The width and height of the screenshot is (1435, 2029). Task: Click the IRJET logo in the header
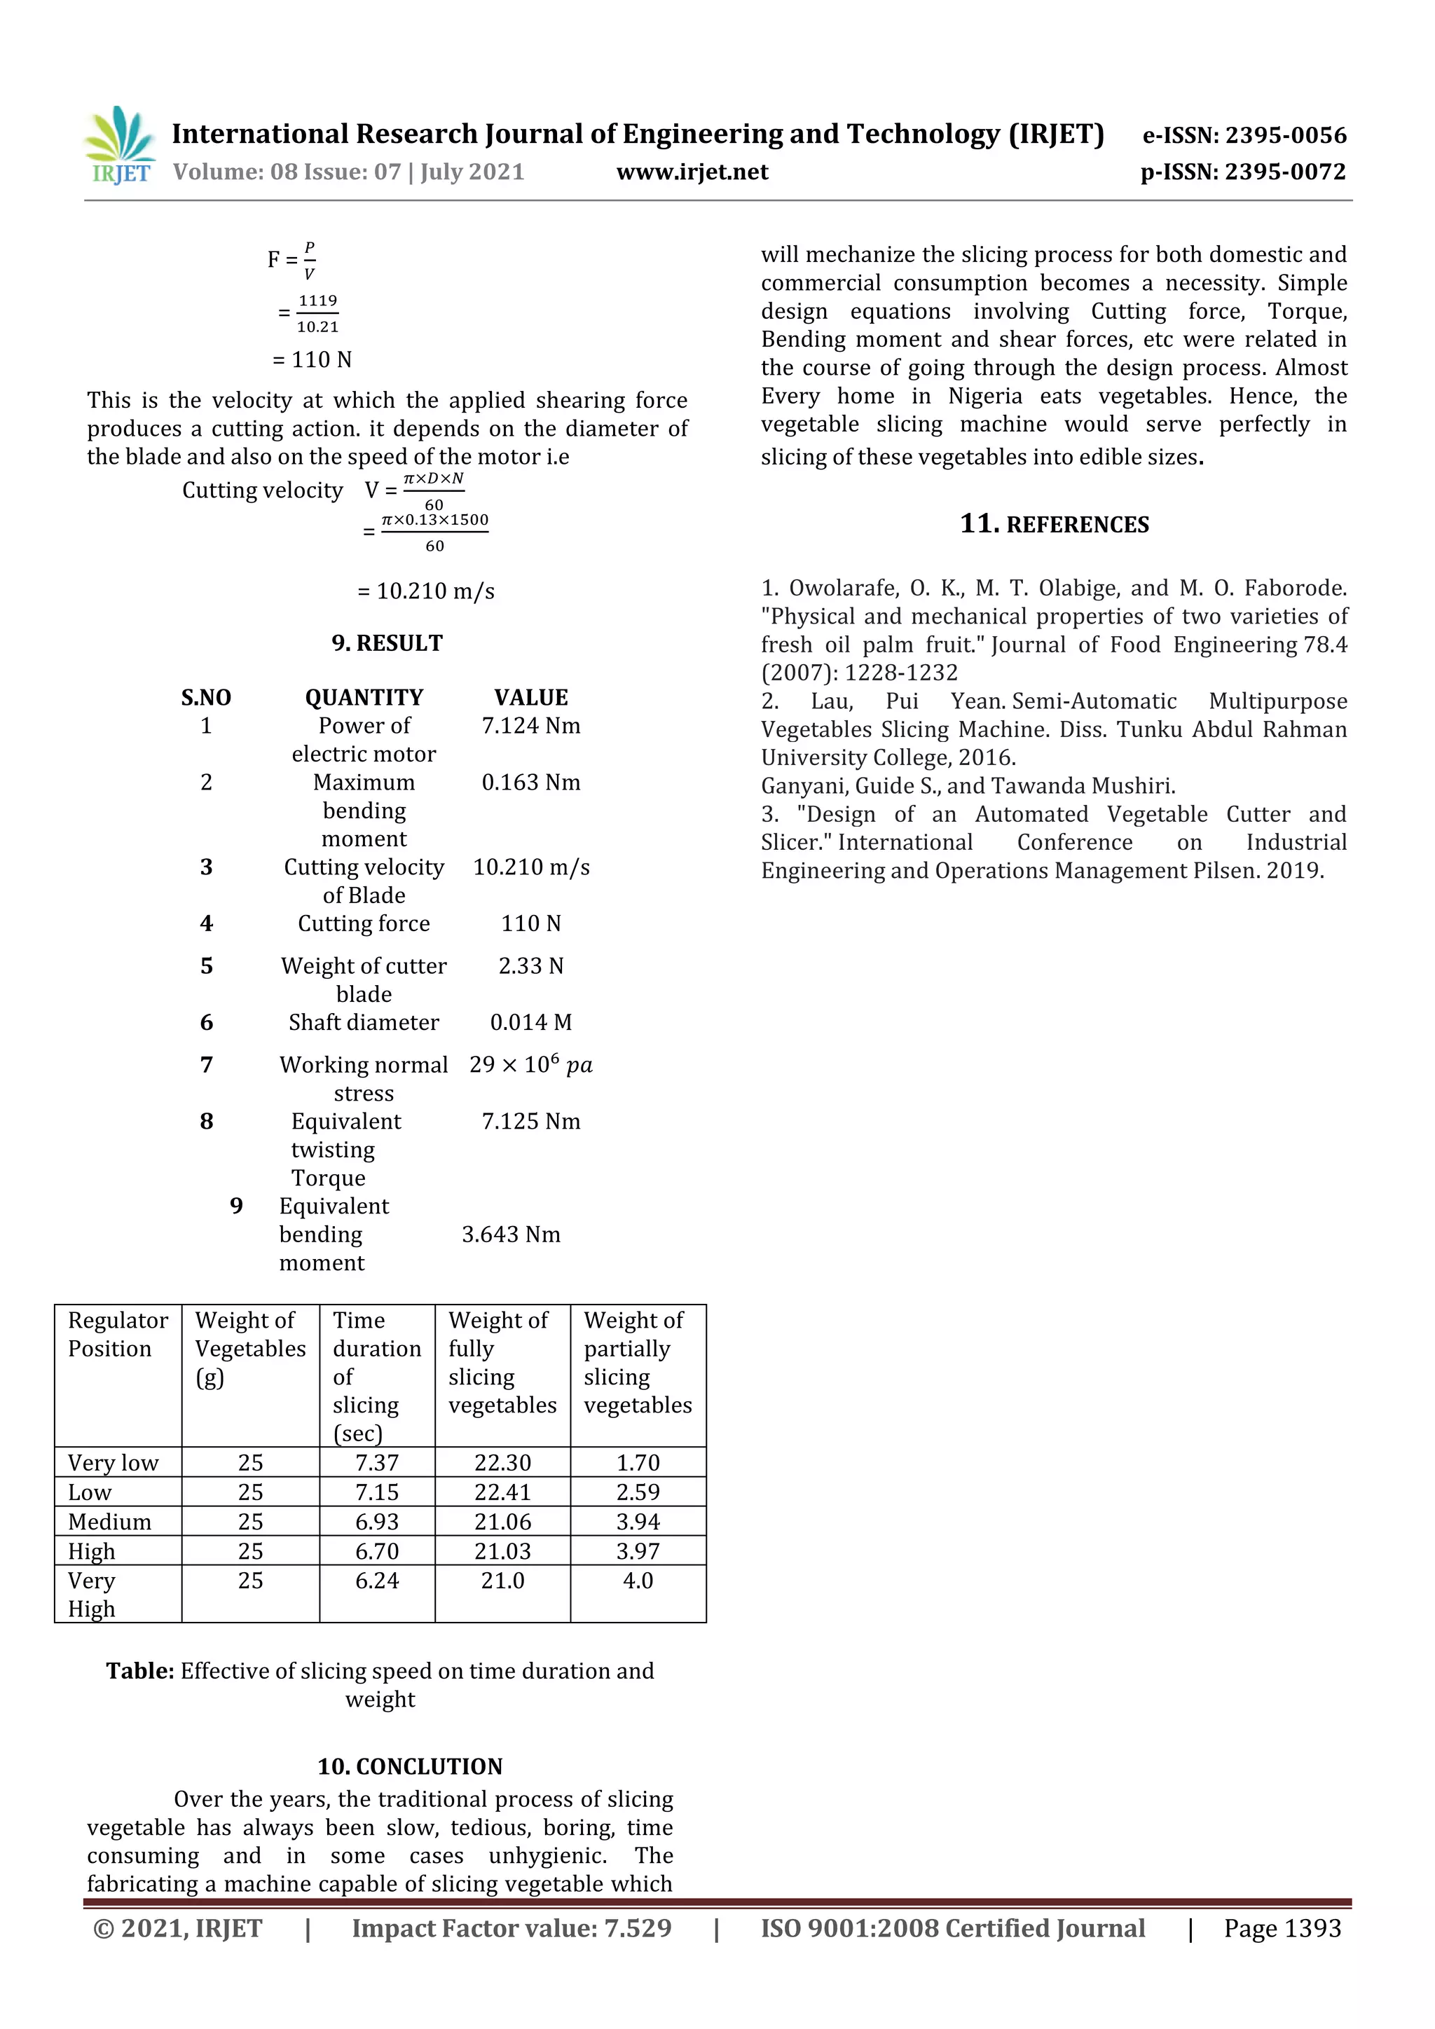[x=119, y=145]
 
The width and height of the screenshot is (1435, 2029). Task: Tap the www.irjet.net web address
[x=692, y=172]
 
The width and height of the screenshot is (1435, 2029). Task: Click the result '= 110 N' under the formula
[x=312, y=359]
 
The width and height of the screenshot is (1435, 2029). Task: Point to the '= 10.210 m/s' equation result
[x=426, y=591]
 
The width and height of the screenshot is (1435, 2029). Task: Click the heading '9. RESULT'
[x=387, y=643]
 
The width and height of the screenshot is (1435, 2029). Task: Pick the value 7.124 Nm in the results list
[x=530, y=726]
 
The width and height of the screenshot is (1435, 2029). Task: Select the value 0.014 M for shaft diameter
[x=530, y=1022]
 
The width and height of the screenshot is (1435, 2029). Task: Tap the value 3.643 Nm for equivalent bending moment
[x=511, y=1234]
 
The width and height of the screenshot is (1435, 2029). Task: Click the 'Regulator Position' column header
[x=118, y=1335]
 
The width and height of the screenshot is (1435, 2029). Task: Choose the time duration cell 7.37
[x=376, y=1462]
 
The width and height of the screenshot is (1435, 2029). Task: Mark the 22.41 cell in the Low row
[x=502, y=1492]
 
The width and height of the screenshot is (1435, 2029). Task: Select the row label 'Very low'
[x=113, y=1462]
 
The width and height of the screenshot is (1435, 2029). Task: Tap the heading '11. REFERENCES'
[x=1054, y=524]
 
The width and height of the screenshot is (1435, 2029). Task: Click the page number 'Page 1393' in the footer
[x=1282, y=1928]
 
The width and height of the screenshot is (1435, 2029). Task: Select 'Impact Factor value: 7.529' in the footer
[x=511, y=1928]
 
